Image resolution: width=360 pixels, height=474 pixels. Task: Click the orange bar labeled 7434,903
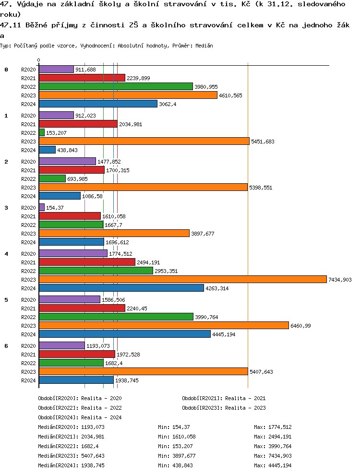click(x=182, y=279)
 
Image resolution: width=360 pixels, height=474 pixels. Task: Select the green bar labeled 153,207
click(x=41, y=132)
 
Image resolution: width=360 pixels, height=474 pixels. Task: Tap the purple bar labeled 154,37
click(x=41, y=207)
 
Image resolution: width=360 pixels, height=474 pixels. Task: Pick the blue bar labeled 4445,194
click(x=124, y=334)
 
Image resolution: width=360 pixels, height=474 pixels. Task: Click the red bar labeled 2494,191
click(x=87, y=262)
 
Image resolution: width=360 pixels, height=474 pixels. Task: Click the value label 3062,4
click(x=168, y=104)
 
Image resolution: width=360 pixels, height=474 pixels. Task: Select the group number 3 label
click(x=6, y=208)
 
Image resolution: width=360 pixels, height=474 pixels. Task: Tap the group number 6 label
click(x=6, y=346)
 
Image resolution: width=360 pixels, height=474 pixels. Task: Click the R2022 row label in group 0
click(x=29, y=87)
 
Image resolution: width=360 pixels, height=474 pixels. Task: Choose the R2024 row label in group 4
click(x=29, y=288)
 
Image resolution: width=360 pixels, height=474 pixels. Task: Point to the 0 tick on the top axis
click(x=39, y=60)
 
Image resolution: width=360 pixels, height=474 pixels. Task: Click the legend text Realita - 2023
click(x=245, y=408)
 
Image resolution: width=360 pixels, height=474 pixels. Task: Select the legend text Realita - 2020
click(x=101, y=398)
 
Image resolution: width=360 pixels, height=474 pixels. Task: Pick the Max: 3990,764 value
click(x=273, y=446)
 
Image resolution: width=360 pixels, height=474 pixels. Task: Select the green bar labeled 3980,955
click(x=115, y=86)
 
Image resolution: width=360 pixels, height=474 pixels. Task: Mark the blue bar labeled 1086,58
click(x=60, y=196)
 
